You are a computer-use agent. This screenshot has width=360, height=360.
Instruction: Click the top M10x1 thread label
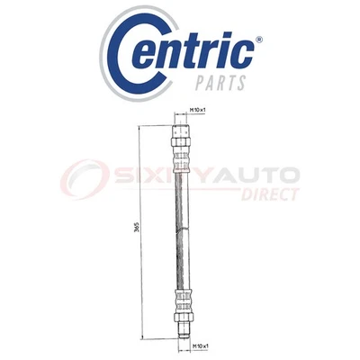pos(199,112)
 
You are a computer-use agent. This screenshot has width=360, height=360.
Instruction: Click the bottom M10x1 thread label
pos(200,346)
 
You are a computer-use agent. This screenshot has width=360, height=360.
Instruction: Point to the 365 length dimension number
pos(134,230)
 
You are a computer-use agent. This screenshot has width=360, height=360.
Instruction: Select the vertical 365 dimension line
pos(140,270)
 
